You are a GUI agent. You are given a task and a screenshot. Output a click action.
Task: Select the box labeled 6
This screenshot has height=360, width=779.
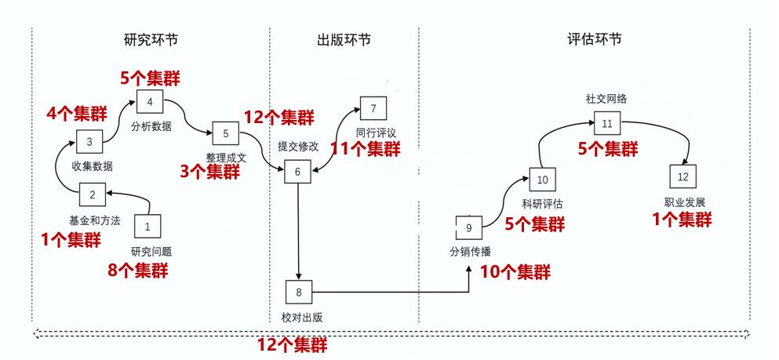coord(297,171)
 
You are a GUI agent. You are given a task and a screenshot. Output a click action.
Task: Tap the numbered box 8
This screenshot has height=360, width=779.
coord(299,293)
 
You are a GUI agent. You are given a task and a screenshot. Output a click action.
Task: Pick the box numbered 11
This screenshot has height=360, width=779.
coord(606,124)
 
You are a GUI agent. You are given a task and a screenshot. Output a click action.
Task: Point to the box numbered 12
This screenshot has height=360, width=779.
coord(683,176)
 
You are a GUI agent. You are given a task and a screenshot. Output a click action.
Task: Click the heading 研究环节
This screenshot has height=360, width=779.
coord(151,40)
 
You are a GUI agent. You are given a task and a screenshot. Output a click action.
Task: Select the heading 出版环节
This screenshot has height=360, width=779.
coord(344,40)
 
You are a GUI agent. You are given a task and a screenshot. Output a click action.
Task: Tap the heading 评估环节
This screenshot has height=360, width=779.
coord(594,40)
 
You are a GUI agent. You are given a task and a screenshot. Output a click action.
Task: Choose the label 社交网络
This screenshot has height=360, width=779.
coord(606,99)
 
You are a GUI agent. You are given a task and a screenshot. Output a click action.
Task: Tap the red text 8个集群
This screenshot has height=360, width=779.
coord(137,271)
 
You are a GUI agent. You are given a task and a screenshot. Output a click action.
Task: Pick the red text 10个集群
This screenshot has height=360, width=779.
coord(514,271)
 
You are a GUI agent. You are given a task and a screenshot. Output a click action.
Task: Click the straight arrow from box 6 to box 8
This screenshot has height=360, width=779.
coord(299,231)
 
